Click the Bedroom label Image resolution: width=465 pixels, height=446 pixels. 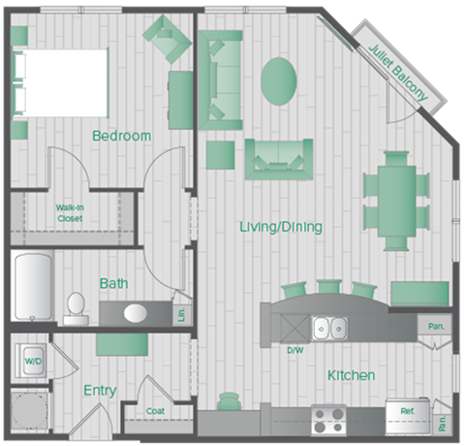(x=121, y=136)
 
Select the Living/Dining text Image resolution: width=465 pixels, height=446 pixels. (x=281, y=227)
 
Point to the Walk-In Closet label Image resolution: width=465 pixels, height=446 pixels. (x=68, y=212)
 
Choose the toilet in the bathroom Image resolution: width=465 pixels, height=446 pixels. (x=75, y=307)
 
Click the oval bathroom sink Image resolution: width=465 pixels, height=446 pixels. (x=135, y=313)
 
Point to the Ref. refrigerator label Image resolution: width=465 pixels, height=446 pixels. (x=407, y=411)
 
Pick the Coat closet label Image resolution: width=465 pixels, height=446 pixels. (x=156, y=411)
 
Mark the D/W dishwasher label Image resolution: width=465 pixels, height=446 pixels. (x=294, y=349)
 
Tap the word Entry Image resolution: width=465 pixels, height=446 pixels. (x=100, y=390)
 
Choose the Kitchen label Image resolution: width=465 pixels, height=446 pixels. (x=351, y=375)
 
